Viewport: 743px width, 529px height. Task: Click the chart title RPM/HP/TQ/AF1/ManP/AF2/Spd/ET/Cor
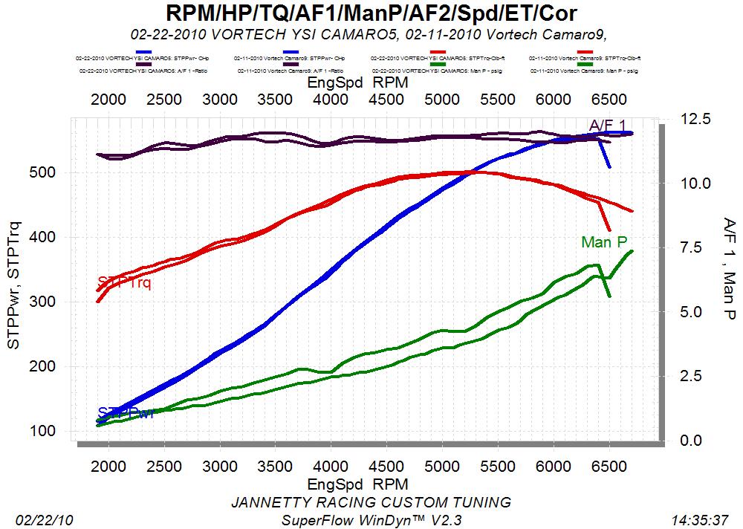[371, 13]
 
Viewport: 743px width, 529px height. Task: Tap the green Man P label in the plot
[604, 242]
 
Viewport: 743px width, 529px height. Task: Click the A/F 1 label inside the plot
[607, 125]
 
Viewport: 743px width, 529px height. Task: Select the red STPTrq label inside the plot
[124, 282]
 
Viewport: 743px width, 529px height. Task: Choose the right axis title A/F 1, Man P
[728, 269]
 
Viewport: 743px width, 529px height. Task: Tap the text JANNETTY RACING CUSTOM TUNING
[371, 502]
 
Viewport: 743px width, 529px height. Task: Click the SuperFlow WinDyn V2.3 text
[371, 519]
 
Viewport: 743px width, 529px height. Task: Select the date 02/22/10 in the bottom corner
[39, 519]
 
